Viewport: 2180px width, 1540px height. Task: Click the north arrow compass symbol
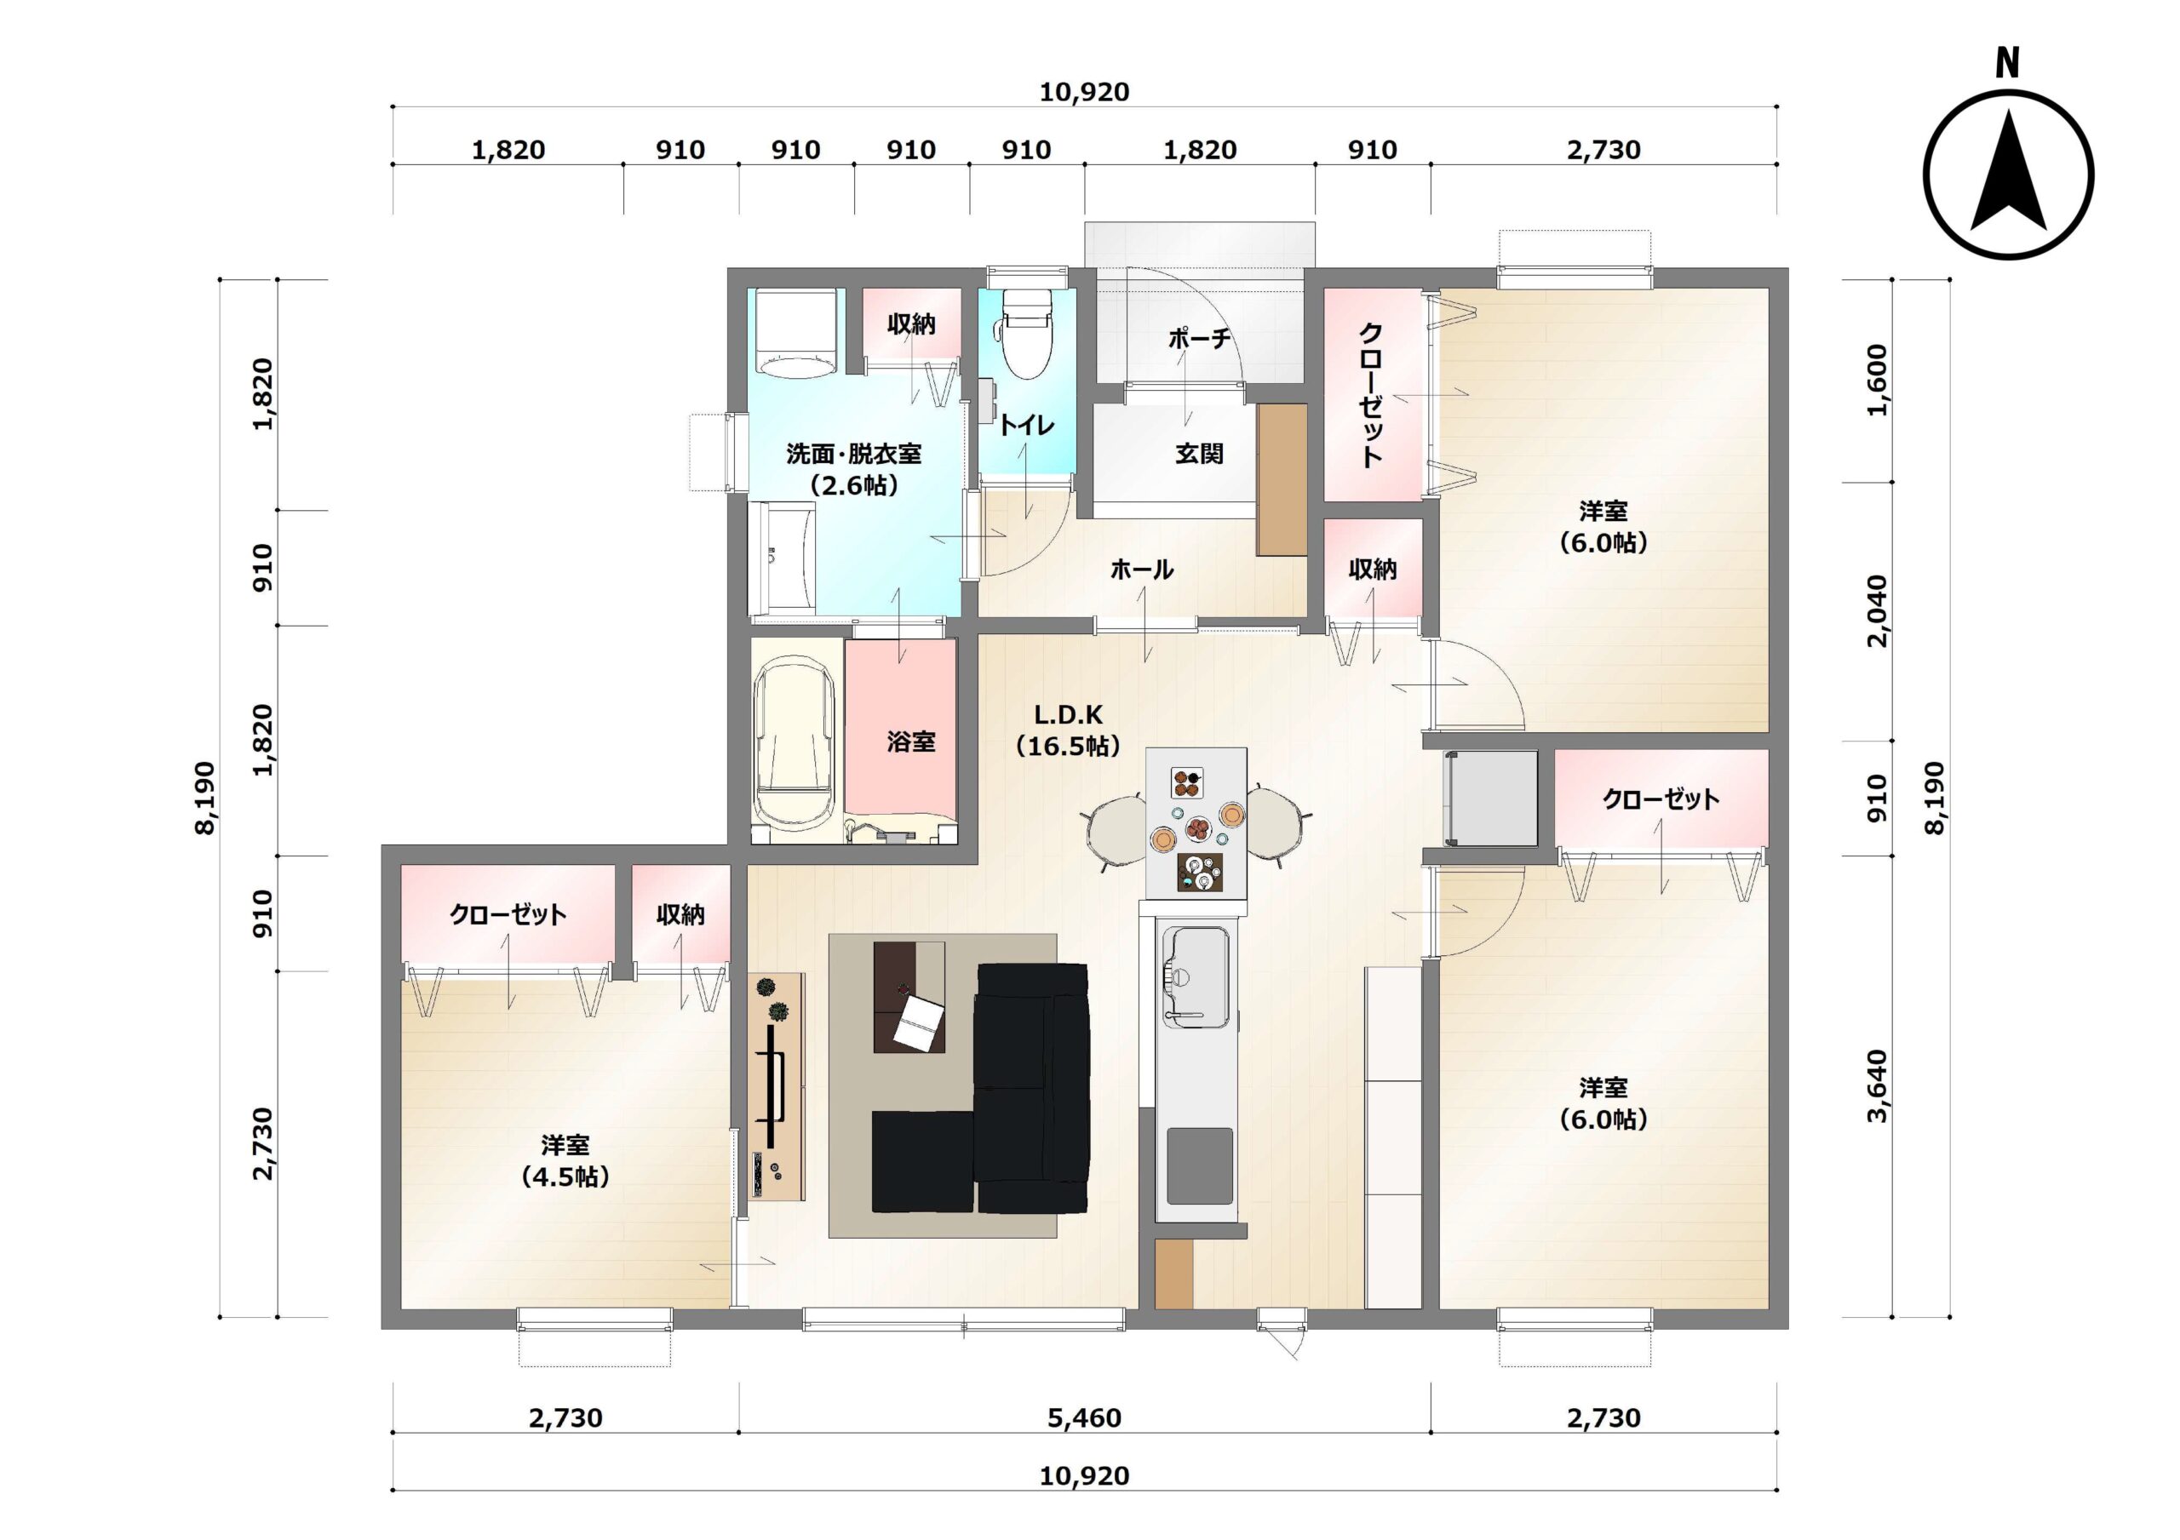click(x=2008, y=175)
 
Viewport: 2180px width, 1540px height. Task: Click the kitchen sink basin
click(x=1196, y=977)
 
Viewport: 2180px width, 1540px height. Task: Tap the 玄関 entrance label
click(x=1199, y=454)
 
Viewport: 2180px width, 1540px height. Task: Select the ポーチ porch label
click(x=1199, y=338)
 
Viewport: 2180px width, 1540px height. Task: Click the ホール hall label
click(x=1141, y=570)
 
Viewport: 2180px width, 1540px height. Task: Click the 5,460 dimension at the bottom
click(x=1084, y=1418)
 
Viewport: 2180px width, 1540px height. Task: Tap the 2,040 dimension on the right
click(x=1877, y=610)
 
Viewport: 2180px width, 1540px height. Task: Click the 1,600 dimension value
click(x=1877, y=380)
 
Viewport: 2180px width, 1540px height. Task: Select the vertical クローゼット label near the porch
click(x=1371, y=395)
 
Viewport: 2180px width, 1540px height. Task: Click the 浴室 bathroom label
click(x=911, y=741)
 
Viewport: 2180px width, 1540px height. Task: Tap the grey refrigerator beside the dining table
click(x=1489, y=799)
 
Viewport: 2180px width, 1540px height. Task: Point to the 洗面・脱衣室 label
click(x=853, y=454)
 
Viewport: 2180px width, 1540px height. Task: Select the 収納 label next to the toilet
click(x=911, y=324)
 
